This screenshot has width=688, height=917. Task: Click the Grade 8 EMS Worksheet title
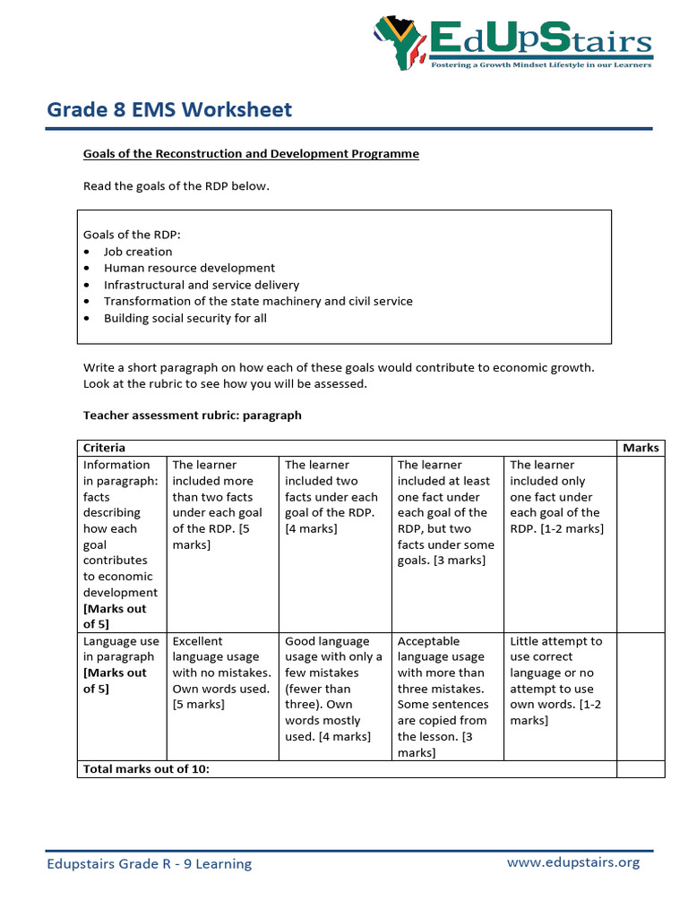pos(169,109)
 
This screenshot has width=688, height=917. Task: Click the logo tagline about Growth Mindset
pos(541,64)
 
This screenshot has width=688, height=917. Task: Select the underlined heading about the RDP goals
pos(251,154)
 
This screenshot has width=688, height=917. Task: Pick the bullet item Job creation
pos(138,252)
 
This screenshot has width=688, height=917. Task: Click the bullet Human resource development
pos(189,268)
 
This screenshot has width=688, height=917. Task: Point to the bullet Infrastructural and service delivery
pos(201,285)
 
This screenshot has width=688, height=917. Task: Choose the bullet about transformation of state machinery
pos(258,301)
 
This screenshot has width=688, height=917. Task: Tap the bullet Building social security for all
pos(185,318)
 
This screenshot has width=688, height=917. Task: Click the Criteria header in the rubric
pos(105,448)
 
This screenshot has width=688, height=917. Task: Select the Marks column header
pos(641,448)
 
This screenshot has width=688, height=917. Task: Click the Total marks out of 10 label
pos(146,768)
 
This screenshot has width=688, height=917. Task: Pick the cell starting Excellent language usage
pos(221,673)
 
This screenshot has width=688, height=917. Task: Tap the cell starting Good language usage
pos(334,689)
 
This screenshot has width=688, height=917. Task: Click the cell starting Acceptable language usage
pos(446,696)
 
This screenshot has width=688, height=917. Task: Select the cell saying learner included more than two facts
pos(221,504)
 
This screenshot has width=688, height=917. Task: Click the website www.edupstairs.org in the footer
pos(573,862)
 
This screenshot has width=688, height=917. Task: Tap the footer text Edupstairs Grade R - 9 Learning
pos(150,864)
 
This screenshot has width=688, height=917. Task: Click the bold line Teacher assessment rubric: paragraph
pos(193,416)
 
